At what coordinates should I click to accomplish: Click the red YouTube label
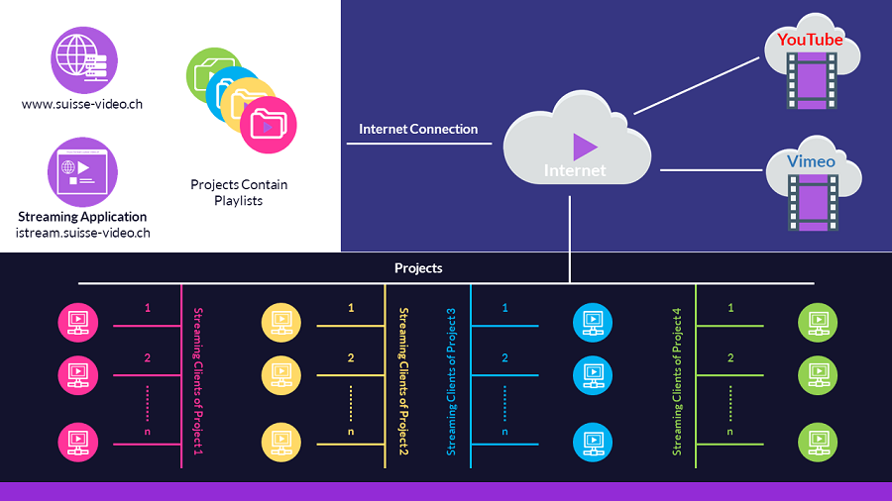(810, 40)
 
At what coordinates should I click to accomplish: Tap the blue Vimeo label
(811, 161)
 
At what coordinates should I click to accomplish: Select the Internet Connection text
(418, 129)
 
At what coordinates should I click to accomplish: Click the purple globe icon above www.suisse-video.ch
(84, 59)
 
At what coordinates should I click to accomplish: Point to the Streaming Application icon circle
(82, 172)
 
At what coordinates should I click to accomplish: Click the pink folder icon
(268, 125)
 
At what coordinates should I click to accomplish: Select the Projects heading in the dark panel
(418, 268)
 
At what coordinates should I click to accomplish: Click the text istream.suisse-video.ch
(83, 233)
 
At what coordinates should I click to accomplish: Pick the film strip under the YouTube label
(812, 80)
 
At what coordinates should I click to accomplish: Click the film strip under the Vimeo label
(813, 203)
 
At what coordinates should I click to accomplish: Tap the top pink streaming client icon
(78, 323)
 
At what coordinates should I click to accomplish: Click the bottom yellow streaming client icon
(281, 442)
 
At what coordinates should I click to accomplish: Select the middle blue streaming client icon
(593, 375)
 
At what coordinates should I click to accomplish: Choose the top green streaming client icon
(818, 323)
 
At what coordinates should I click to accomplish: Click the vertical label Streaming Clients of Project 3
(451, 382)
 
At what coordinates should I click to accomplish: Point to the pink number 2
(148, 357)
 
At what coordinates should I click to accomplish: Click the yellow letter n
(351, 432)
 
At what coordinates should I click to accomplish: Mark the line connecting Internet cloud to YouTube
(697, 86)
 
